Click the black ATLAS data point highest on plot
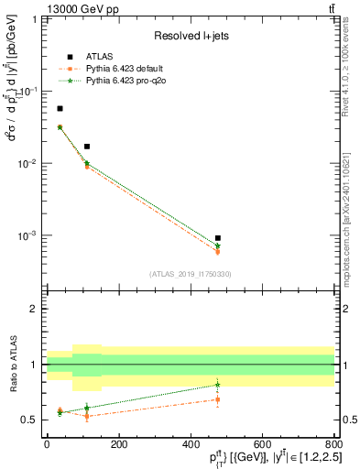pyautogui.click(x=60, y=108)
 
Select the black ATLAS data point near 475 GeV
pyautogui.click(x=217, y=238)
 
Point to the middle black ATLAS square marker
pyautogui.click(x=87, y=147)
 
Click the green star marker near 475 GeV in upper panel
pyautogui.click(x=217, y=245)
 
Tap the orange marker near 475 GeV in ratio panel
pyautogui.click(x=217, y=399)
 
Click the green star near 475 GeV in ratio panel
pyautogui.click(x=217, y=385)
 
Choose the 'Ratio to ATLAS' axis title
pyautogui.click(x=14, y=365)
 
